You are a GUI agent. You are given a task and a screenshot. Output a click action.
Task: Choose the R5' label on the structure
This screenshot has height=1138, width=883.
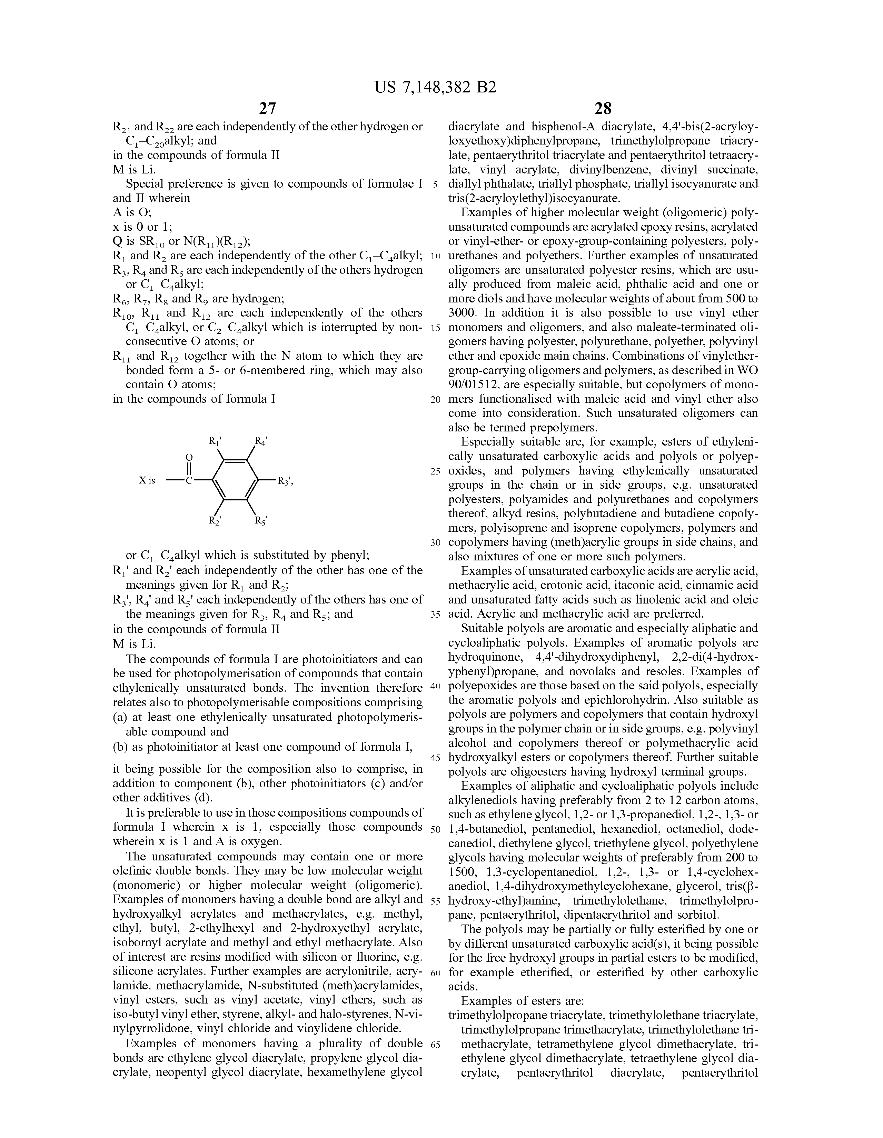point(261,520)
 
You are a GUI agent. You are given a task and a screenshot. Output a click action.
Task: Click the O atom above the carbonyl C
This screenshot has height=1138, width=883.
point(190,458)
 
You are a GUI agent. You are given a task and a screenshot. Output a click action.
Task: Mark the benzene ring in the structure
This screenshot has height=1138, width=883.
point(236,480)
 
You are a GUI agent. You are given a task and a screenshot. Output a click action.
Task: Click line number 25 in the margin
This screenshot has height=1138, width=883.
point(435,471)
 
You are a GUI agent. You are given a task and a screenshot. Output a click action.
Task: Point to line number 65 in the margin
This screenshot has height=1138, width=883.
point(435,1044)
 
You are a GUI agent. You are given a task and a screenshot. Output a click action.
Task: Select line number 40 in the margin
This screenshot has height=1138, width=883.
point(435,686)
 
